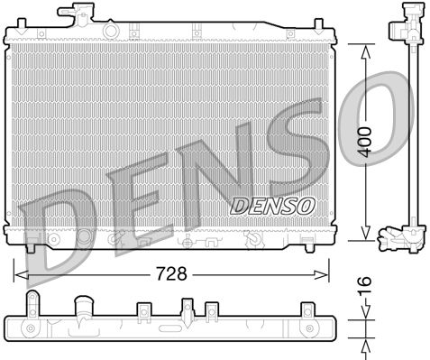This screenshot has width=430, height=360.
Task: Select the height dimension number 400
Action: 363,143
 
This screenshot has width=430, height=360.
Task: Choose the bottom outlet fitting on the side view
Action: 398,239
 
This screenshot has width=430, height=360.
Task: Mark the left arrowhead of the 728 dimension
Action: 20,270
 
